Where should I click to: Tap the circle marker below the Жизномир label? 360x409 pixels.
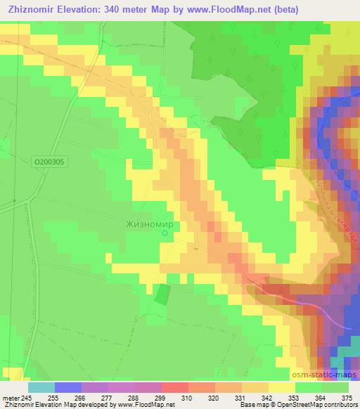point(165,233)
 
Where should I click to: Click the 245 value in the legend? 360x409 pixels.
point(27,397)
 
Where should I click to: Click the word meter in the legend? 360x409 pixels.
point(10,397)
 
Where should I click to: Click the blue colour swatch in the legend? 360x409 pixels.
point(67,387)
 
